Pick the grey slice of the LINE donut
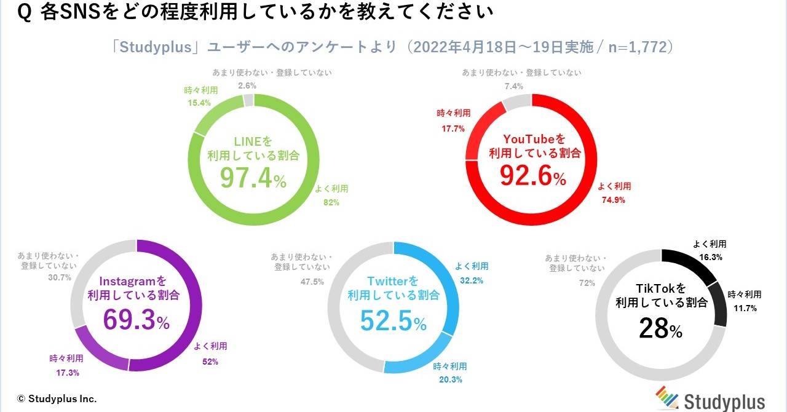pos(248,100)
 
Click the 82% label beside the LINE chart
pos(331,202)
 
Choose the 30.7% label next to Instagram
pos(60,277)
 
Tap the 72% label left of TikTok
pos(587,282)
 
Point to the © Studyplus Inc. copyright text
pos(57,398)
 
